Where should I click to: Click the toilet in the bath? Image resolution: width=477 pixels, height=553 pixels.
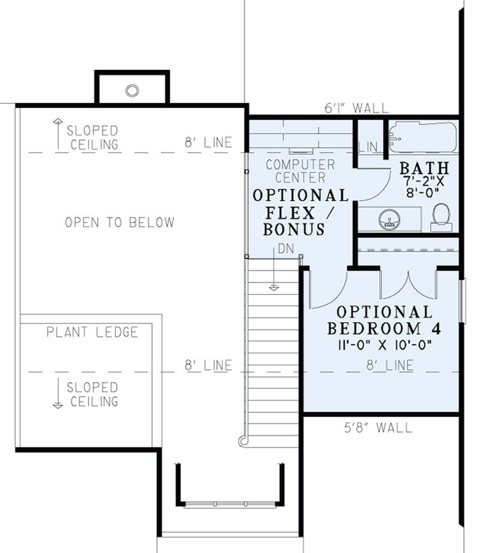[441, 217]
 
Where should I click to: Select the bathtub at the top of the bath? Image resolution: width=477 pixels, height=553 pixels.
[422, 135]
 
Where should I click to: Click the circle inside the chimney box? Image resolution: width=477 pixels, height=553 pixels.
[132, 90]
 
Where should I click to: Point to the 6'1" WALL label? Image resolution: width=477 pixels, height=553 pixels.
[356, 108]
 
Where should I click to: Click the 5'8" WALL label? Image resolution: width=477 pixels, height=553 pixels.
[377, 427]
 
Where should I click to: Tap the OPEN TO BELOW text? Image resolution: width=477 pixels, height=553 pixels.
[120, 222]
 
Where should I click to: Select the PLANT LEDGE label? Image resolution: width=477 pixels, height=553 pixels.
[92, 332]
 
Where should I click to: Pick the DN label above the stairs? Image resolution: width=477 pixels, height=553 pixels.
[286, 249]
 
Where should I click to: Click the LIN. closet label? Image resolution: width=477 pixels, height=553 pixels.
[369, 147]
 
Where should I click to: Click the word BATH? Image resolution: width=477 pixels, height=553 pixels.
[424, 168]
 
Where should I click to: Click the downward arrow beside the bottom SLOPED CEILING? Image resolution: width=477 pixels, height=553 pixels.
[57, 393]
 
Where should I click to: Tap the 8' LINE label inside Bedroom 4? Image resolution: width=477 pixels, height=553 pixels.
[389, 365]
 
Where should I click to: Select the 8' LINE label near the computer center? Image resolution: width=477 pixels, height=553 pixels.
[209, 143]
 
